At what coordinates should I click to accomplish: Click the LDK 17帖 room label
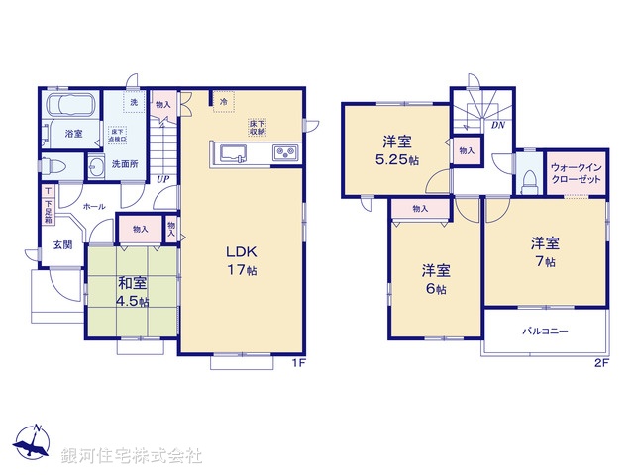point(241,259)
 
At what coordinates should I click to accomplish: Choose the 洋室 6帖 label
point(434,279)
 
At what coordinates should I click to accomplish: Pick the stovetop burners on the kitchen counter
point(284,153)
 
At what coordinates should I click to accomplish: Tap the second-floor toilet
point(530,179)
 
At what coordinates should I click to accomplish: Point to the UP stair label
point(160,179)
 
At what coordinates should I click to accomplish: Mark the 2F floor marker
point(600,363)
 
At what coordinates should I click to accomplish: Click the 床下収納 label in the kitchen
point(258,127)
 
